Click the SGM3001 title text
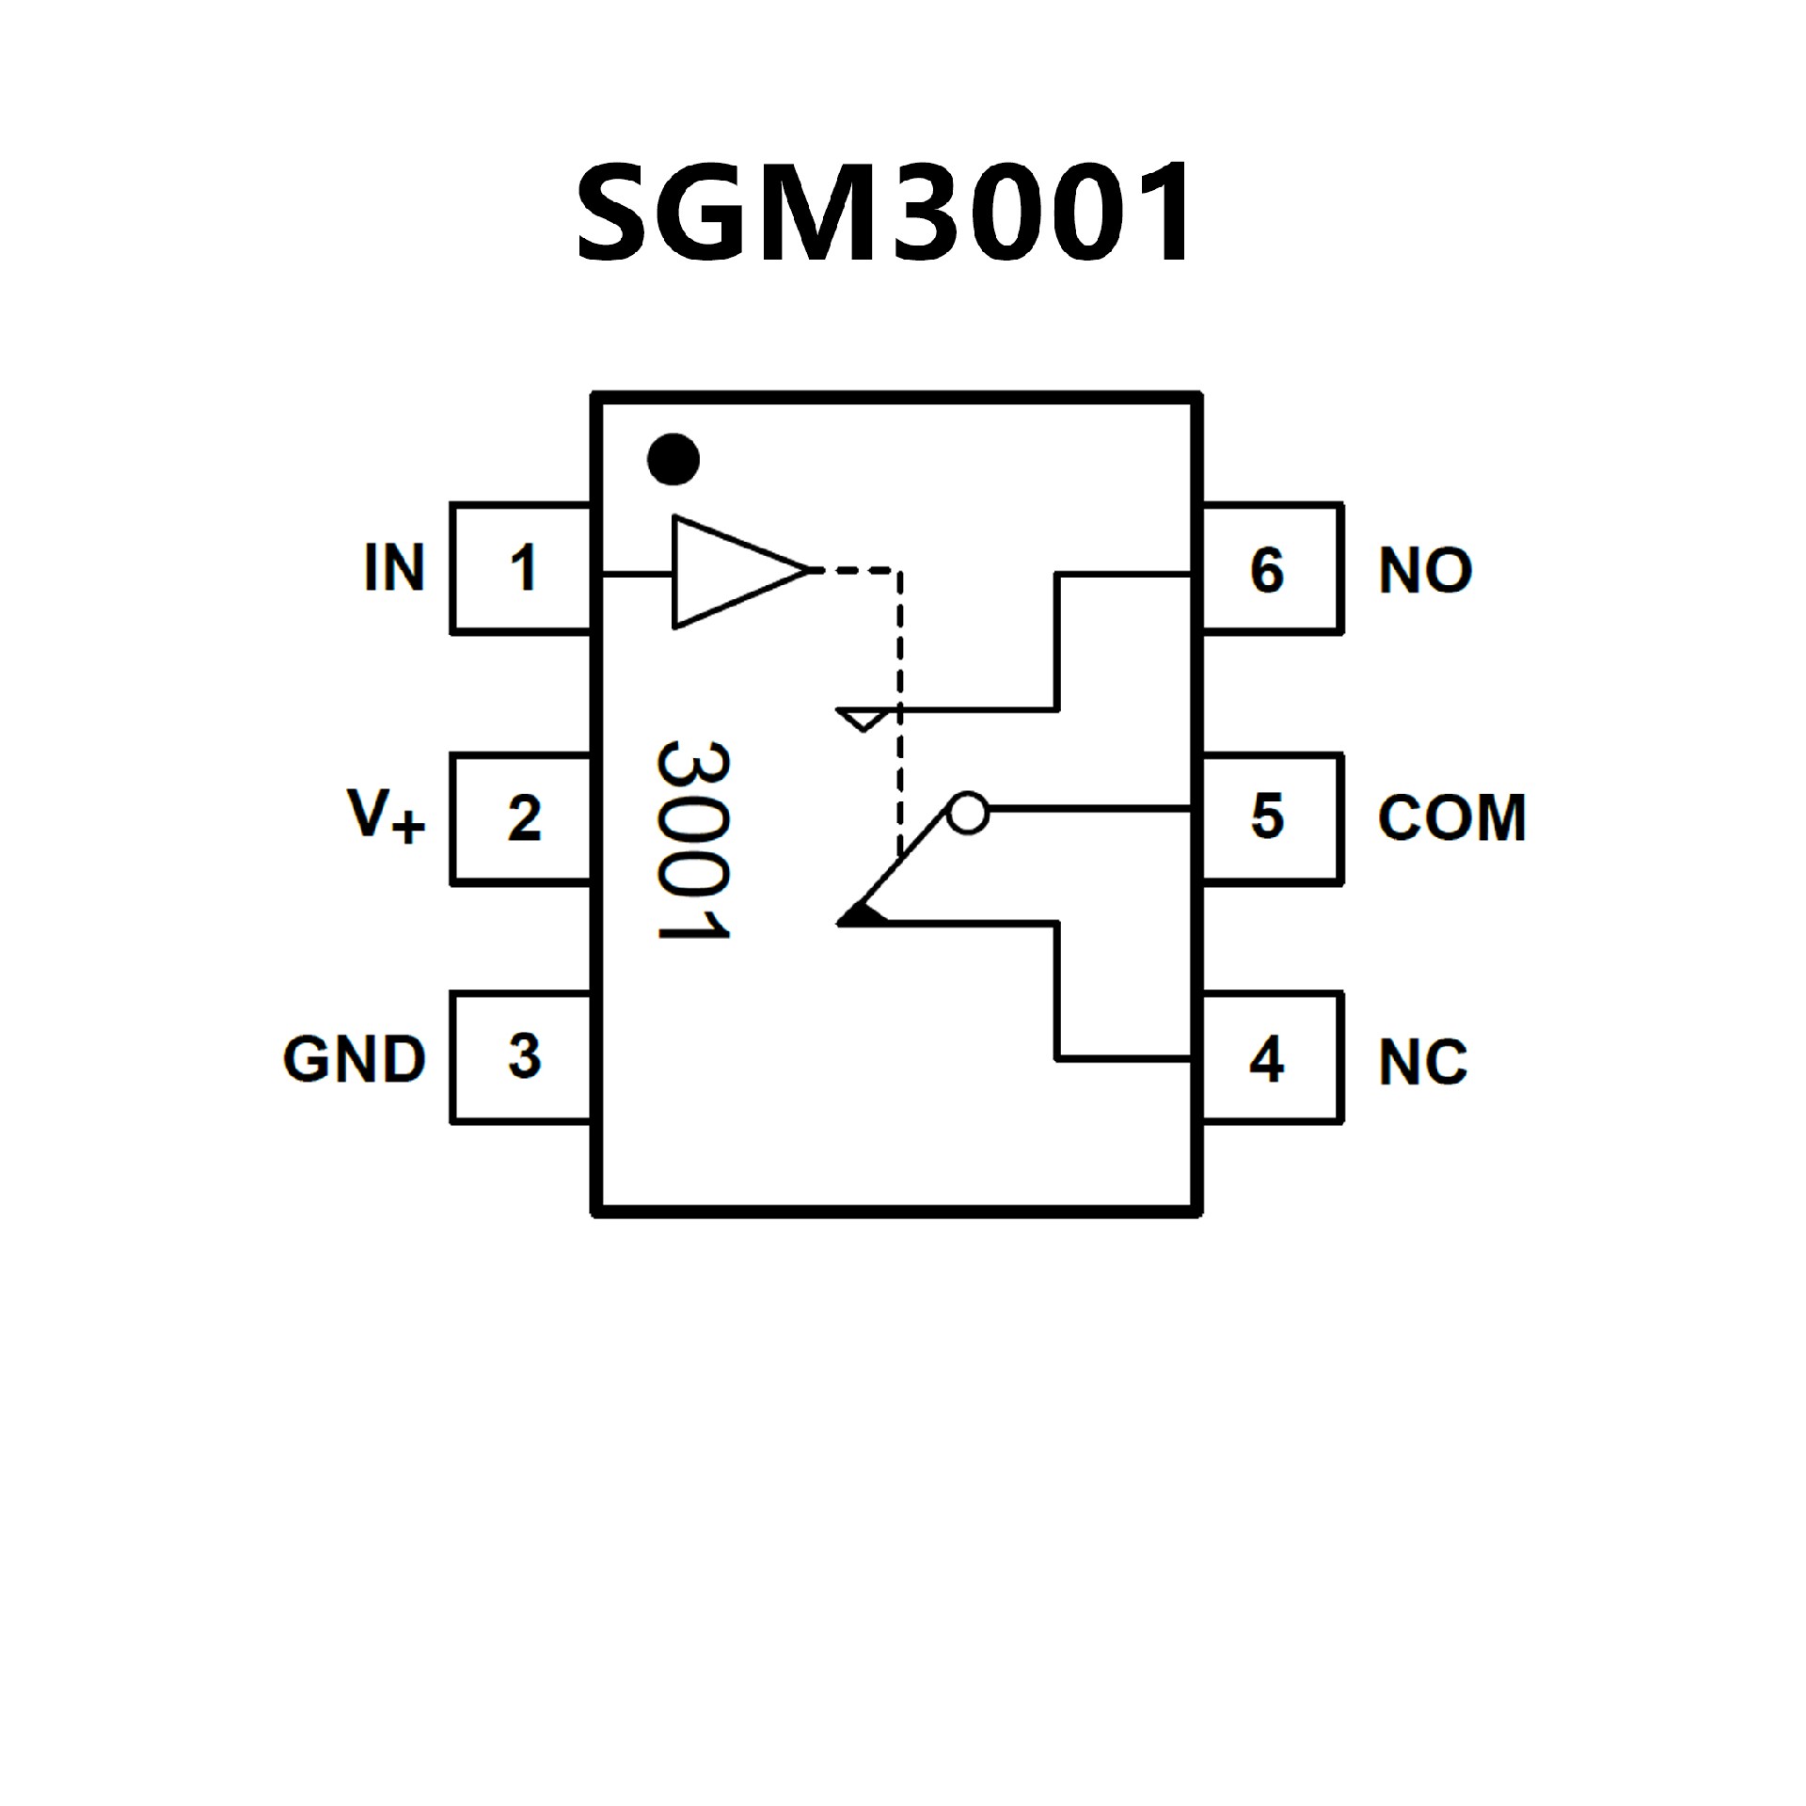click(884, 213)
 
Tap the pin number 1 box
click(522, 569)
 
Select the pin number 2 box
click(522, 818)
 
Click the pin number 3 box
click(522, 1056)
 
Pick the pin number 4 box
click(1270, 1058)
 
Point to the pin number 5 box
click(1270, 816)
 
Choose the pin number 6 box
click(1270, 569)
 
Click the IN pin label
click(394, 568)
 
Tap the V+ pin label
click(386, 816)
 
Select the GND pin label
click(355, 1059)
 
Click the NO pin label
click(1425, 570)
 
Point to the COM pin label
click(1451, 817)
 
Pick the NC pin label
click(1422, 1062)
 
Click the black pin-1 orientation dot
click(673, 460)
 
